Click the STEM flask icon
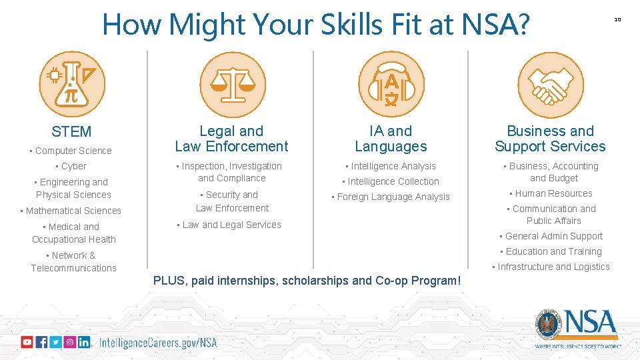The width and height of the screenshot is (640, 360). click(x=72, y=85)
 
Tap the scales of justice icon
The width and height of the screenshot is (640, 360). click(x=233, y=85)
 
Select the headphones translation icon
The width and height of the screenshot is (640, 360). click(x=391, y=85)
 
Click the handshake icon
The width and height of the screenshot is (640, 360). click(x=550, y=85)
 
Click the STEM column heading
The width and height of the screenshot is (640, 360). click(x=71, y=132)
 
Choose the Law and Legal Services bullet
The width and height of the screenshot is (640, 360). click(x=230, y=225)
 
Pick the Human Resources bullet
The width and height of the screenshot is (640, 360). click(x=551, y=193)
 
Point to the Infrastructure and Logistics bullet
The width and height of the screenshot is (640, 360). click(x=551, y=267)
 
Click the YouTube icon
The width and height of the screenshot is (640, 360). click(x=27, y=342)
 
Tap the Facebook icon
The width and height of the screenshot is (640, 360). click(x=41, y=342)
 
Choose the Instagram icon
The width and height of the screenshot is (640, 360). click(x=69, y=342)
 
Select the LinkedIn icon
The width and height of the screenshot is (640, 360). click(x=84, y=342)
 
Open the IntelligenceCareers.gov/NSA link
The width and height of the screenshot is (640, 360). click(x=158, y=343)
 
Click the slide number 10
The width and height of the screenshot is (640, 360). click(x=617, y=19)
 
